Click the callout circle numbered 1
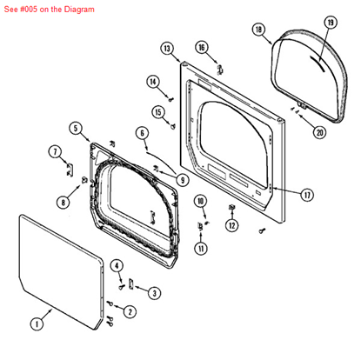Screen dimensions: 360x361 click(x=36, y=323)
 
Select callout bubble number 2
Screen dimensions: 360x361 click(x=130, y=311)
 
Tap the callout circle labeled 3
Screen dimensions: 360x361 click(x=154, y=292)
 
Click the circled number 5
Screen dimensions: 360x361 click(x=76, y=129)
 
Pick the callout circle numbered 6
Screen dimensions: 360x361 click(x=142, y=133)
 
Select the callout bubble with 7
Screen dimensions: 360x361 click(x=55, y=152)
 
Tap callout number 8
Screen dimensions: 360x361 click(x=63, y=202)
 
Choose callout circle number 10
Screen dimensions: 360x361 click(x=201, y=202)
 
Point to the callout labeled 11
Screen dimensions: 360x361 click(x=201, y=249)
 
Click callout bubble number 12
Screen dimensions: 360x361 click(x=231, y=225)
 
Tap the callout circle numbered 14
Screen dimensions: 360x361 click(x=153, y=83)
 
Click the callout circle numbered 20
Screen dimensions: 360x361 click(x=319, y=132)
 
